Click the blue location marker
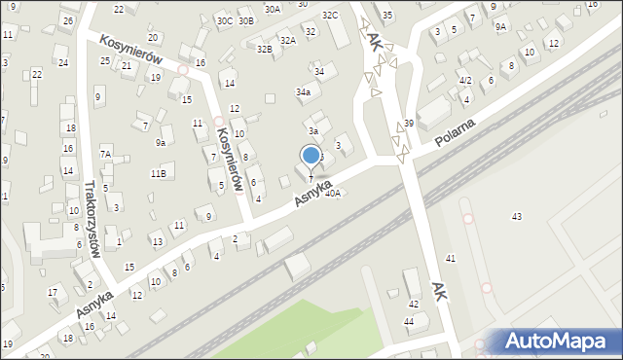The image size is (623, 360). pos(311,155)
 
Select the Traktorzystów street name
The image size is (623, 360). pos(93,218)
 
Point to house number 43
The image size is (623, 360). pos(517,216)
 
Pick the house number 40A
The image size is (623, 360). pos(333,194)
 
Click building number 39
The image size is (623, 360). pos(409,123)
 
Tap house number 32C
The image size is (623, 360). pos(330,16)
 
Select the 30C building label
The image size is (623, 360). pos(224,20)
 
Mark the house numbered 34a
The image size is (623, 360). pos(303,92)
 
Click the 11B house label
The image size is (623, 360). pos(158,174)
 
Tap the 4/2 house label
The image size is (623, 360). pos(465,80)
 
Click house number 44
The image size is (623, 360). pos(409,321)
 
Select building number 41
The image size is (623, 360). pos(450,258)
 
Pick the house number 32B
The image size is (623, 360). pos(265,49)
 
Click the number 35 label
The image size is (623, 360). pos(387,16)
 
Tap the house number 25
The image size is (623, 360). pos(104,61)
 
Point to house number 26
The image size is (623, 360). pos(67,20)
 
